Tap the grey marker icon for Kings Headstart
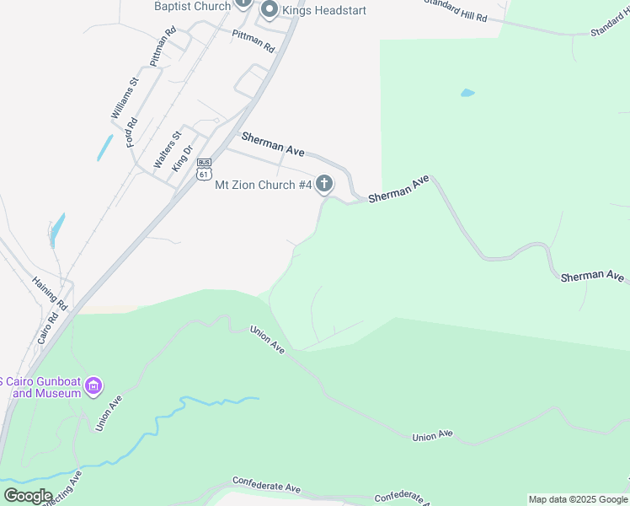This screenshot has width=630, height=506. (270, 10)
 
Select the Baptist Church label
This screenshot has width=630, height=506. (192, 6)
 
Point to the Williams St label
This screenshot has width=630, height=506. (124, 99)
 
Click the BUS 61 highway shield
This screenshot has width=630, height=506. (203, 169)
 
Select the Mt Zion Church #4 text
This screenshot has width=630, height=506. (264, 185)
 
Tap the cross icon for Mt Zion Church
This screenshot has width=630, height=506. (324, 185)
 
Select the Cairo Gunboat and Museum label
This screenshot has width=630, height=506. (42, 386)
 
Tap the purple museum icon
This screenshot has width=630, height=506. (94, 387)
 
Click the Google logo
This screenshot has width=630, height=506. (28, 496)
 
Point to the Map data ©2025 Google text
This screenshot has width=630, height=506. (578, 499)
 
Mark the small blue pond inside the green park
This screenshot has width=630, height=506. (467, 93)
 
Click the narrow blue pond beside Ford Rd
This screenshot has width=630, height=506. (104, 148)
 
